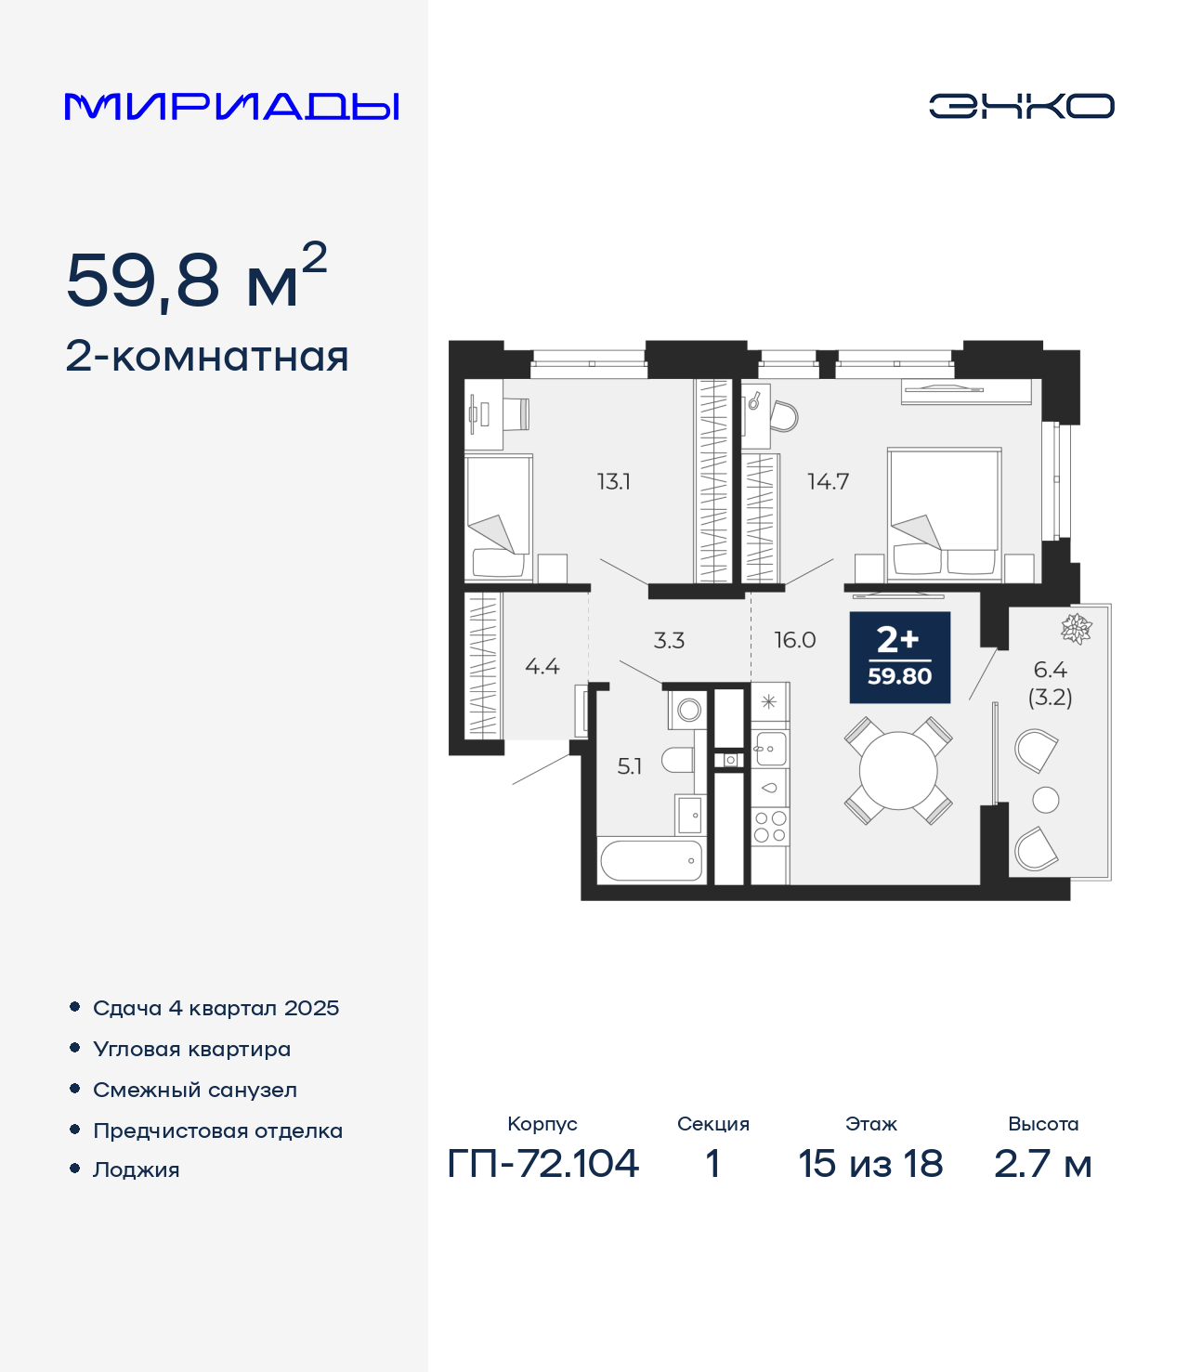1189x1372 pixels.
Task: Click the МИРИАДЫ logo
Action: pyautogui.click(x=231, y=106)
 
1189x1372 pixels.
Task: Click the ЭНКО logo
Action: pyautogui.click(x=1021, y=106)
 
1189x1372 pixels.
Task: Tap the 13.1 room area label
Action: pyautogui.click(x=613, y=482)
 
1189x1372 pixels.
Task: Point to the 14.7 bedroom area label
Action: pyautogui.click(x=828, y=482)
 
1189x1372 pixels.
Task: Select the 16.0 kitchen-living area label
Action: pyautogui.click(x=794, y=641)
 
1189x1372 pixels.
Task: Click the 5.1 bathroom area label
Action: pyautogui.click(x=630, y=766)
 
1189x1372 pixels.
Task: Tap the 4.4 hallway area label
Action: pyautogui.click(x=542, y=666)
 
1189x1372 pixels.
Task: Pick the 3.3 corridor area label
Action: pyautogui.click(x=669, y=641)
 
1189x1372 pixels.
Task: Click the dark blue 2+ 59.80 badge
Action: pyautogui.click(x=899, y=657)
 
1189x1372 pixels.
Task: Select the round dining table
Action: pyautogui.click(x=898, y=771)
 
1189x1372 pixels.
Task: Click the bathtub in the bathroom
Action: pyautogui.click(x=651, y=861)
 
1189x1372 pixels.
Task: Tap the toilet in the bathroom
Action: pyautogui.click(x=678, y=761)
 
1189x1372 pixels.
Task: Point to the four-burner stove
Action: pyautogui.click(x=770, y=827)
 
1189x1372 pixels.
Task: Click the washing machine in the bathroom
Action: pyautogui.click(x=687, y=710)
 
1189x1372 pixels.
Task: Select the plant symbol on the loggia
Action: pyautogui.click(x=1077, y=628)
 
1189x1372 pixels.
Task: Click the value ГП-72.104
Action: pyautogui.click(x=542, y=1164)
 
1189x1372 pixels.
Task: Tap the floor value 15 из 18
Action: pyautogui.click(x=870, y=1164)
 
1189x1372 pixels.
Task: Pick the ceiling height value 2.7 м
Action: pyautogui.click(x=1042, y=1164)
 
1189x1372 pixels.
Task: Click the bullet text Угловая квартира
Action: pyautogui.click(x=192, y=1049)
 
